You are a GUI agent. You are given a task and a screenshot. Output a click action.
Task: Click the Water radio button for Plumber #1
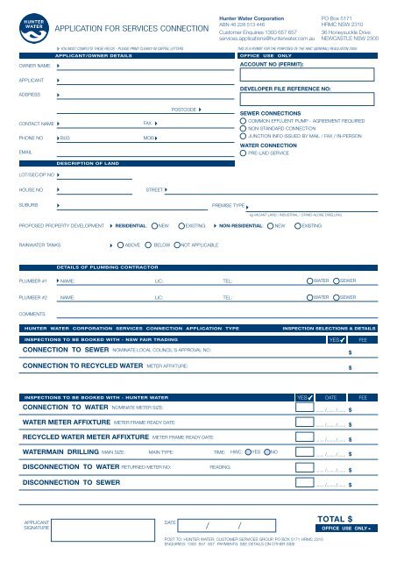coord(308,281)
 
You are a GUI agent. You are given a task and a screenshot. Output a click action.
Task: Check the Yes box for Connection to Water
coord(305,408)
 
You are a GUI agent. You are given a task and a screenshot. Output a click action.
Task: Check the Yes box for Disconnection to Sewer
coord(305,482)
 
